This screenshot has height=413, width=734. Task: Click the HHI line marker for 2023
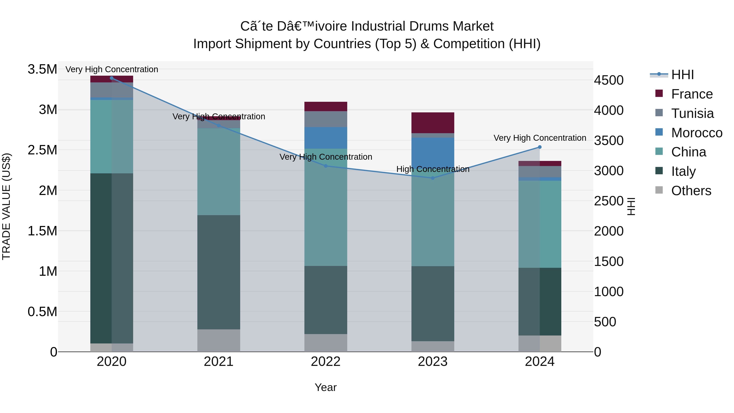pyautogui.click(x=432, y=178)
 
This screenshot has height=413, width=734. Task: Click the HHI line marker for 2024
pyautogui.click(x=539, y=147)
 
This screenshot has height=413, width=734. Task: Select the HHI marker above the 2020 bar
pyautogui.click(x=112, y=78)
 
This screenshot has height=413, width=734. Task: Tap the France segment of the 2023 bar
pyautogui.click(x=432, y=123)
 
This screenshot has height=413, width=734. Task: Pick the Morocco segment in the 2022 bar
pyautogui.click(x=326, y=138)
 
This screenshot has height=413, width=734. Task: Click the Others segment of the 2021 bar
pyautogui.click(x=219, y=340)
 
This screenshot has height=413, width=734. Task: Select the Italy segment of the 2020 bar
pyautogui.click(x=112, y=258)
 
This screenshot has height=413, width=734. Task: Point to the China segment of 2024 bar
pyautogui.click(x=539, y=224)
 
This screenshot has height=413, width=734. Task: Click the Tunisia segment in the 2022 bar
pyautogui.click(x=326, y=119)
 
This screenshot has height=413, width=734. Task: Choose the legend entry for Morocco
pyautogui.click(x=696, y=133)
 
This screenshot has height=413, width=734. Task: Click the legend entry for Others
pyautogui.click(x=691, y=191)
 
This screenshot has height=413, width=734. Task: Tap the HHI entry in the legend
pyautogui.click(x=682, y=75)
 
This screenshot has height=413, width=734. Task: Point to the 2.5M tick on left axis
pyautogui.click(x=42, y=150)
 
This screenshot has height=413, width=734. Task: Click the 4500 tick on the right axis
pyautogui.click(x=609, y=80)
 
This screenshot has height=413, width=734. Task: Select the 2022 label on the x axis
pyautogui.click(x=326, y=362)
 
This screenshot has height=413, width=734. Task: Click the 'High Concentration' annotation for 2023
pyautogui.click(x=432, y=169)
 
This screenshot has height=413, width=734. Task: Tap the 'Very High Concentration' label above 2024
pyautogui.click(x=539, y=138)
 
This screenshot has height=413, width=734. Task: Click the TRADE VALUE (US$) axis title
pyautogui.click(x=6, y=206)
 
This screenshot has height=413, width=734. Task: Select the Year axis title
pyautogui.click(x=326, y=387)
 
